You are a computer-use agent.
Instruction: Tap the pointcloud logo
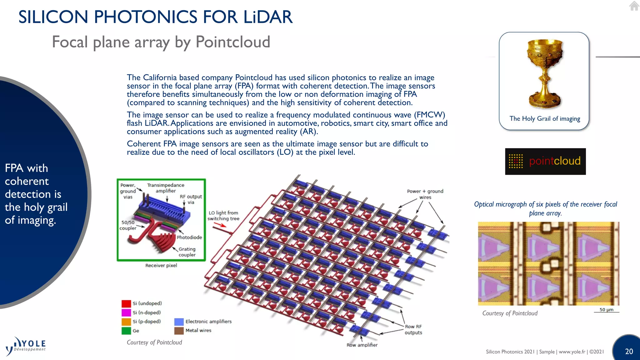pos(545,161)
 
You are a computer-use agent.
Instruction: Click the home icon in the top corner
pos(634,6)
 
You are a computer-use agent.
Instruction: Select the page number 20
pos(629,351)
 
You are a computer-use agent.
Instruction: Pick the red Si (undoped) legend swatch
pos(126,303)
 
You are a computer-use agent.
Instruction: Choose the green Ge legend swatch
pos(126,331)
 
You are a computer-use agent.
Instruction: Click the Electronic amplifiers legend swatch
pos(179,322)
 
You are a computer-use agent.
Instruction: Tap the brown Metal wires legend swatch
pos(179,331)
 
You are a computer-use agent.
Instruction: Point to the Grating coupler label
pos(187,252)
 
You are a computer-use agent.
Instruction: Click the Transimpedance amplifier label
pos(166,188)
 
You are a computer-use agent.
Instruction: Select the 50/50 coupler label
pos(128,225)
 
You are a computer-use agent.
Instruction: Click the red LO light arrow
pos(222,229)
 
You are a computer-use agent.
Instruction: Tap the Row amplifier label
pos(362,345)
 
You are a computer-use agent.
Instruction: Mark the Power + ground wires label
pos(425,194)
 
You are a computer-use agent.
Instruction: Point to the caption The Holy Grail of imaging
pos(545,118)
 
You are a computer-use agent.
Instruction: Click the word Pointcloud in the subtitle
pos(233,42)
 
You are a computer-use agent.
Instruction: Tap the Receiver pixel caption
pos(161,265)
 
